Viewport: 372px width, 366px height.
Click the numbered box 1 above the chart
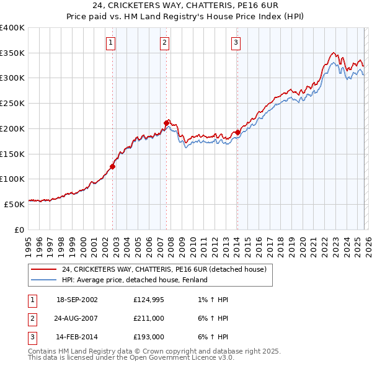tap(110, 43)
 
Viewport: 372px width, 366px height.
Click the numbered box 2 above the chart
tap(164, 43)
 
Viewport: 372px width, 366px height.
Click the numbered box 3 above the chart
tap(236, 43)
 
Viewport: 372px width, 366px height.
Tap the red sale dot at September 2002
tap(113, 166)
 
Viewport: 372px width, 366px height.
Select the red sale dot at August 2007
tap(167, 123)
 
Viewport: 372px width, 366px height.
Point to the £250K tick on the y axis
tap(12, 104)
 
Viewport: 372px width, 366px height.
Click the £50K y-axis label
tap(14, 203)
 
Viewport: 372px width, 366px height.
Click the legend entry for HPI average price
tap(135, 280)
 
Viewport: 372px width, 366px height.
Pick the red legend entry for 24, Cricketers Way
tap(164, 269)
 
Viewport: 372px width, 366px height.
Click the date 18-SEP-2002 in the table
tap(77, 300)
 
